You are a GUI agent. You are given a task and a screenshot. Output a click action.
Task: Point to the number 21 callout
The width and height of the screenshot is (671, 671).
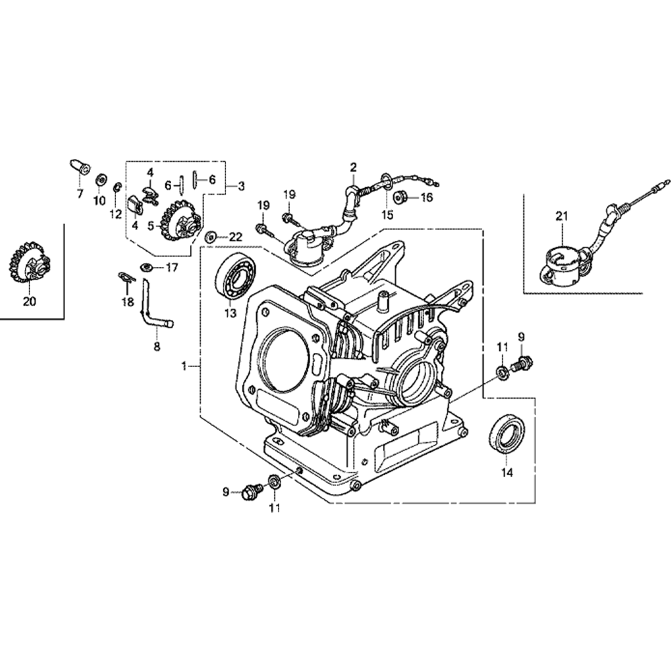click(561, 215)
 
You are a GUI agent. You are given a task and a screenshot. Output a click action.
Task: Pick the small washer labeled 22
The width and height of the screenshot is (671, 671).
click(211, 236)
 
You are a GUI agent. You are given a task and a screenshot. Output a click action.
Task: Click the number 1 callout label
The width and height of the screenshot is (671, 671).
click(184, 366)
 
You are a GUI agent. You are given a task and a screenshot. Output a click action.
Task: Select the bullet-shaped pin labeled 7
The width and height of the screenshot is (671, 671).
click(79, 165)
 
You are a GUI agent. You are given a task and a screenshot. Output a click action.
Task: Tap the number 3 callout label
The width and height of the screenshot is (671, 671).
click(241, 186)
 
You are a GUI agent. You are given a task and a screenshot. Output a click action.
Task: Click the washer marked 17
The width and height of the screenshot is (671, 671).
click(146, 267)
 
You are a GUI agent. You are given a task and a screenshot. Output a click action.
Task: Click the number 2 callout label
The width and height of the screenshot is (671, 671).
click(354, 166)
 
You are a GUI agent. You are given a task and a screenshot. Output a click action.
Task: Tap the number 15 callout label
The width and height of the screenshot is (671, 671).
click(386, 215)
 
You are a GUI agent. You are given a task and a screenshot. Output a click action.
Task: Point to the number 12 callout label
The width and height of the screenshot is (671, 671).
click(115, 214)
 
